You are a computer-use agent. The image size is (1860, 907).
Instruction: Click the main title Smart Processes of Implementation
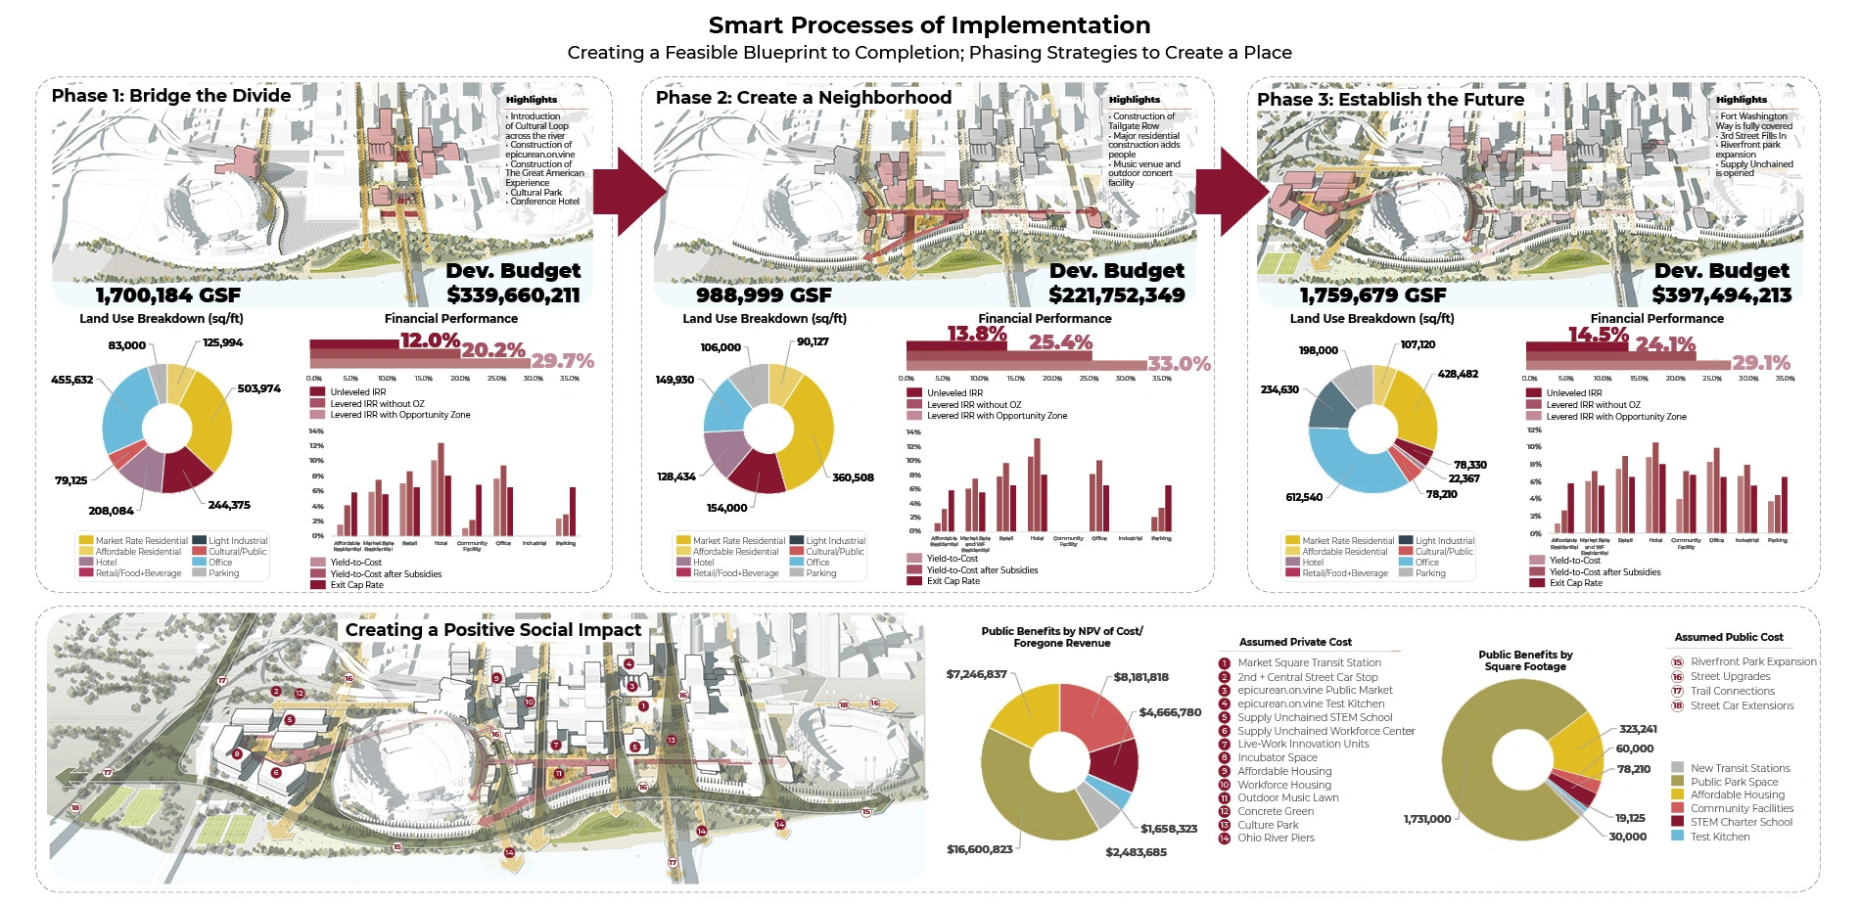coord(929,25)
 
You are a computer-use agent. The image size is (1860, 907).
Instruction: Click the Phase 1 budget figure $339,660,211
coord(513,295)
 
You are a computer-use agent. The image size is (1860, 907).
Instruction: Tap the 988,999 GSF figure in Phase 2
coord(764,295)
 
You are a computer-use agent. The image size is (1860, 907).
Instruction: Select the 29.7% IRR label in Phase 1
coord(563,361)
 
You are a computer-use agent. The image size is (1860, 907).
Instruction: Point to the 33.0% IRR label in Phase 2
coord(1179,364)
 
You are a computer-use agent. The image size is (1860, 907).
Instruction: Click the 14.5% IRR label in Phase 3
coord(1598,335)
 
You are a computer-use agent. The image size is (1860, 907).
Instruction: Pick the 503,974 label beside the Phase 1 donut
coord(258,389)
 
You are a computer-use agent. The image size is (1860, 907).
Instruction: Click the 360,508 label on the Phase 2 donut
coord(853,477)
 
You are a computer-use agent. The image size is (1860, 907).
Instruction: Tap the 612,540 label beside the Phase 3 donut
coord(1304,497)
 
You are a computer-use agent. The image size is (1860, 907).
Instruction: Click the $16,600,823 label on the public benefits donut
coord(979,849)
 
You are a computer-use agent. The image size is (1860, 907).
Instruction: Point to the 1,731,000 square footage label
coord(1427,819)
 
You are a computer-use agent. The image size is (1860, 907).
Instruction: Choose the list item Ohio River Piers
coord(1276,838)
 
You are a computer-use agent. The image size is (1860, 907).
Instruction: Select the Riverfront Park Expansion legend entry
coord(1752,661)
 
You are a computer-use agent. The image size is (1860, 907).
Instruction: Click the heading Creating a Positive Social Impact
coord(493,630)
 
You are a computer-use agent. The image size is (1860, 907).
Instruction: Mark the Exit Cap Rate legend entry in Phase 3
coord(1575,583)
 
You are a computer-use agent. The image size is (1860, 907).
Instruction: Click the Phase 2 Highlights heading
coord(1134,100)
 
